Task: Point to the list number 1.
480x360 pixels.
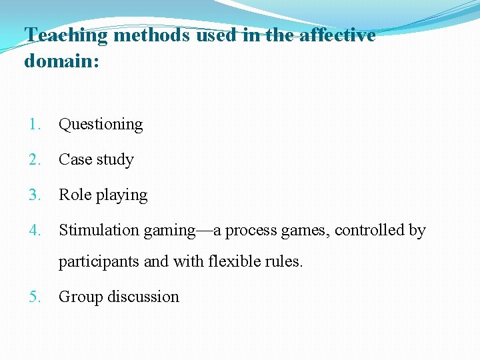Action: (x=35, y=124)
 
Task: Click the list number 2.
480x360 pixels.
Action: (x=35, y=159)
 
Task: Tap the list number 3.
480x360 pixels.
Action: (x=35, y=195)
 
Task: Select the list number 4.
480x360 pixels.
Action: (x=35, y=230)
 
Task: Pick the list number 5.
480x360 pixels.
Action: (x=35, y=297)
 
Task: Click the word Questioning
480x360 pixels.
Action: (x=101, y=125)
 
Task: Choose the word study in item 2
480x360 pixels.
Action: (x=114, y=160)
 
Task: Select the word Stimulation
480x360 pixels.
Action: (x=99, y=230)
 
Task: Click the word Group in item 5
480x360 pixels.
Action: (x=78, y=297)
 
